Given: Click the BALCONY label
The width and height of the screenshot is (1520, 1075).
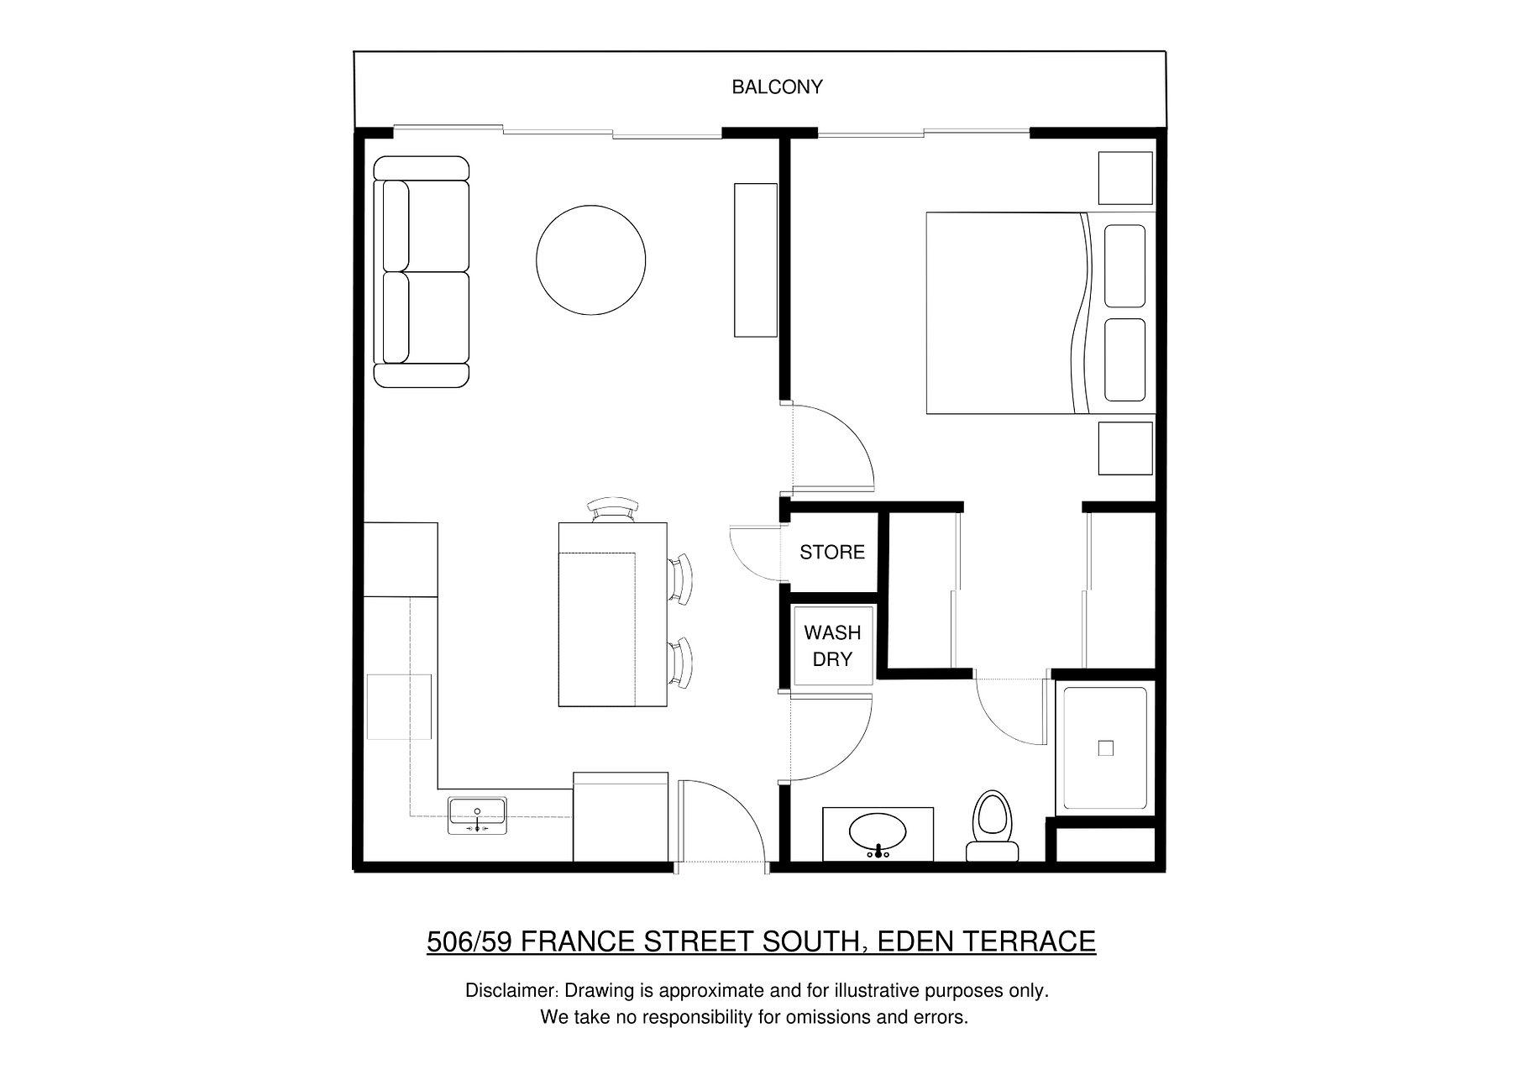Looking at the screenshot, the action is click(777, 87).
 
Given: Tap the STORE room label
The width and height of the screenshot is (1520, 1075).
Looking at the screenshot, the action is click(831, 552).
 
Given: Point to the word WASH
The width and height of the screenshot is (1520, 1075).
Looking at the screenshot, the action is click(832, 632).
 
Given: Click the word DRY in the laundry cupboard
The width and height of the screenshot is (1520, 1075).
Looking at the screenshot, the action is click(832, 659).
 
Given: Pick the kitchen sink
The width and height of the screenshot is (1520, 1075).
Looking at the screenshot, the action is click(477, 815).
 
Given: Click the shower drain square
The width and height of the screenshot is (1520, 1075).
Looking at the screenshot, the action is click(1106, 748).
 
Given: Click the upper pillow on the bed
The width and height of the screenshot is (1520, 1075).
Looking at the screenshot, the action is click(1125, 265).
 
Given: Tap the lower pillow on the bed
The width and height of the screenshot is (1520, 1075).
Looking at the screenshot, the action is click(1125, 360).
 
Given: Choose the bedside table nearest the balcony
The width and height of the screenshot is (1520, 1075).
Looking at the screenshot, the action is click(1125, 178).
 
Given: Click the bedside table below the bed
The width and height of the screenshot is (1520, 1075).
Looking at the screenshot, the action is click(1125, 448).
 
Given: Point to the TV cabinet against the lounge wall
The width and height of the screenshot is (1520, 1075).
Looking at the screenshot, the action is click(756, 260).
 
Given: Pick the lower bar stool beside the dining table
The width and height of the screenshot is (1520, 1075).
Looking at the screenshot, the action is click(681, 663).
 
